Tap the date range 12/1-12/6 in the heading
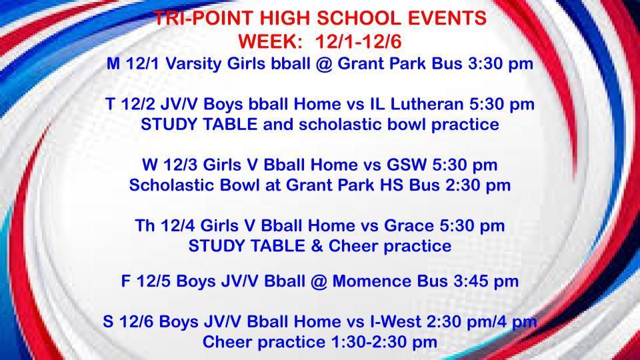[360, 41]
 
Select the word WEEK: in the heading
[271, 41]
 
